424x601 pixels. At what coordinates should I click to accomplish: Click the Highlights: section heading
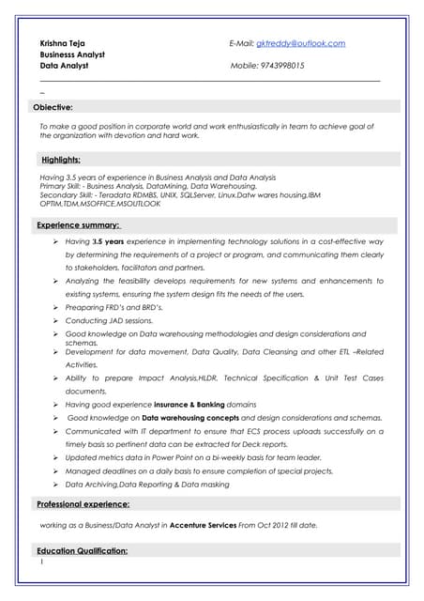pos(60,160)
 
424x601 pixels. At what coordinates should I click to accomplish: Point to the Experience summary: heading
pos(79,225)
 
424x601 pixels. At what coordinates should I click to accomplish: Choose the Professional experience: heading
pos(83,504)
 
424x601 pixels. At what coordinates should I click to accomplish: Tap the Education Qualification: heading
pos(83,550)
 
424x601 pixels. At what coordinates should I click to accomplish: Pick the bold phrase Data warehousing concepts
pos(190,417)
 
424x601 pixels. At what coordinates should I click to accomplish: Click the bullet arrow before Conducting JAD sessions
pos(56,320)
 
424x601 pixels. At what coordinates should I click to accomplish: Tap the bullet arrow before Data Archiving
pos(56,485)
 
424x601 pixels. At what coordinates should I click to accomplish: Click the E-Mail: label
pos(241,43)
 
